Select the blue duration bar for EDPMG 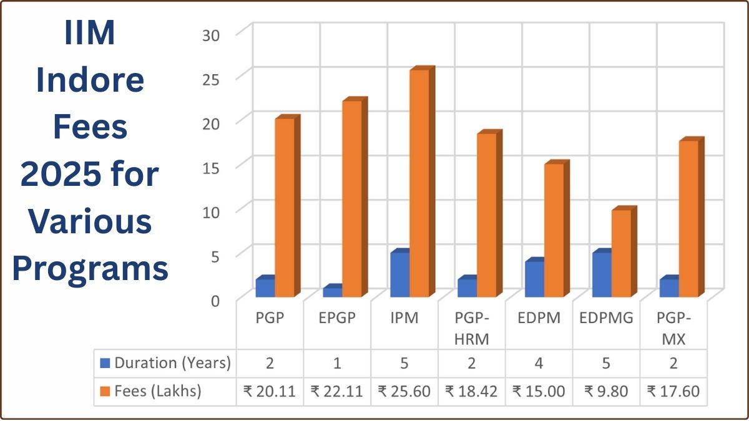point(602,274)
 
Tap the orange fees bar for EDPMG point(621,253)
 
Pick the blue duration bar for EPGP point(333,291)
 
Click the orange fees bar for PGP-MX point(688,218)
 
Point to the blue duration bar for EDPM point(534,278)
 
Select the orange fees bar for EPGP point(351,198)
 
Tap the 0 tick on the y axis point(215,300)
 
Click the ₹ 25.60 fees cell point(404,391)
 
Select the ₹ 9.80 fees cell point(606,391)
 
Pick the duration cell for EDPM point(539,362)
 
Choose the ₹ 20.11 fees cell point(270,391)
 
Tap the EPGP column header point(337,318)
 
